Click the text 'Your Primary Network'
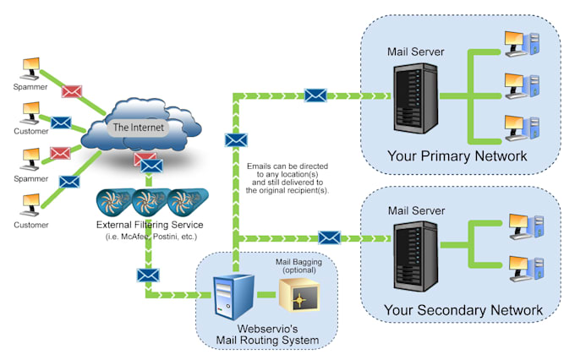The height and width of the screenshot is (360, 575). (x=457, y=155)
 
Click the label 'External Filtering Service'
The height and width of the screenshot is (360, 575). (x=151, y=226)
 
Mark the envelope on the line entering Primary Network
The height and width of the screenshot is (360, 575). (x=315, y=95)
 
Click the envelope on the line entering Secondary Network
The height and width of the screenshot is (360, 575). (x=328, y=239)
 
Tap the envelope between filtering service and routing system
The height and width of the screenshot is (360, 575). (x=148, y=275)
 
